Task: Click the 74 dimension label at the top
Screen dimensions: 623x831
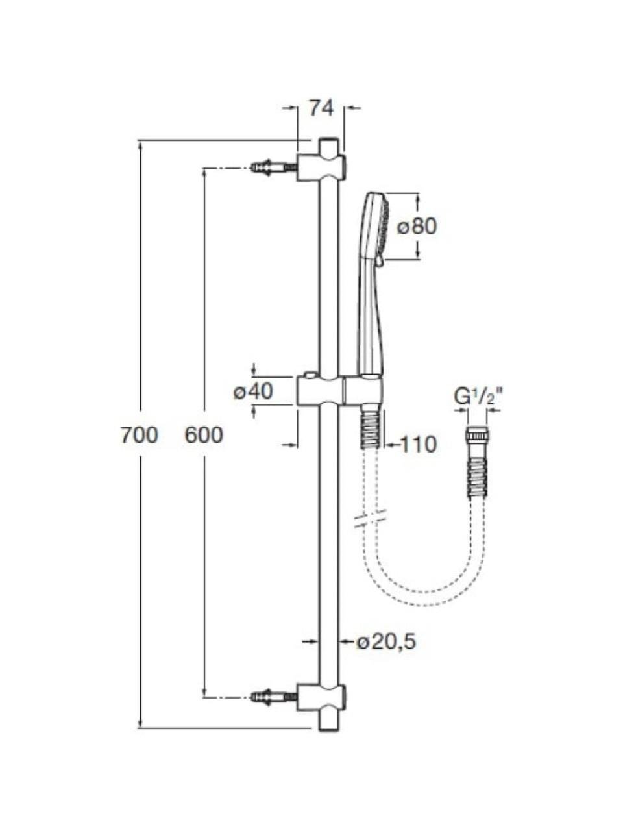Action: (x=321, y=108)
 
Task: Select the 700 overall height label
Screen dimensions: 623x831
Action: (x=139, y=435)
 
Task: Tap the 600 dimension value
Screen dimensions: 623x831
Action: (x=204, y=435)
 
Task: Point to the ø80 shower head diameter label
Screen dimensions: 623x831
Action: (x=417, y=227)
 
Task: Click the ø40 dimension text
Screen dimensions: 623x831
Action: (x=253, y=391)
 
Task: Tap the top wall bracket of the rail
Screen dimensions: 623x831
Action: (x=322, y=167)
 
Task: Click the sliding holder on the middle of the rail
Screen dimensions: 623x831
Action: (x=340, y=390)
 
